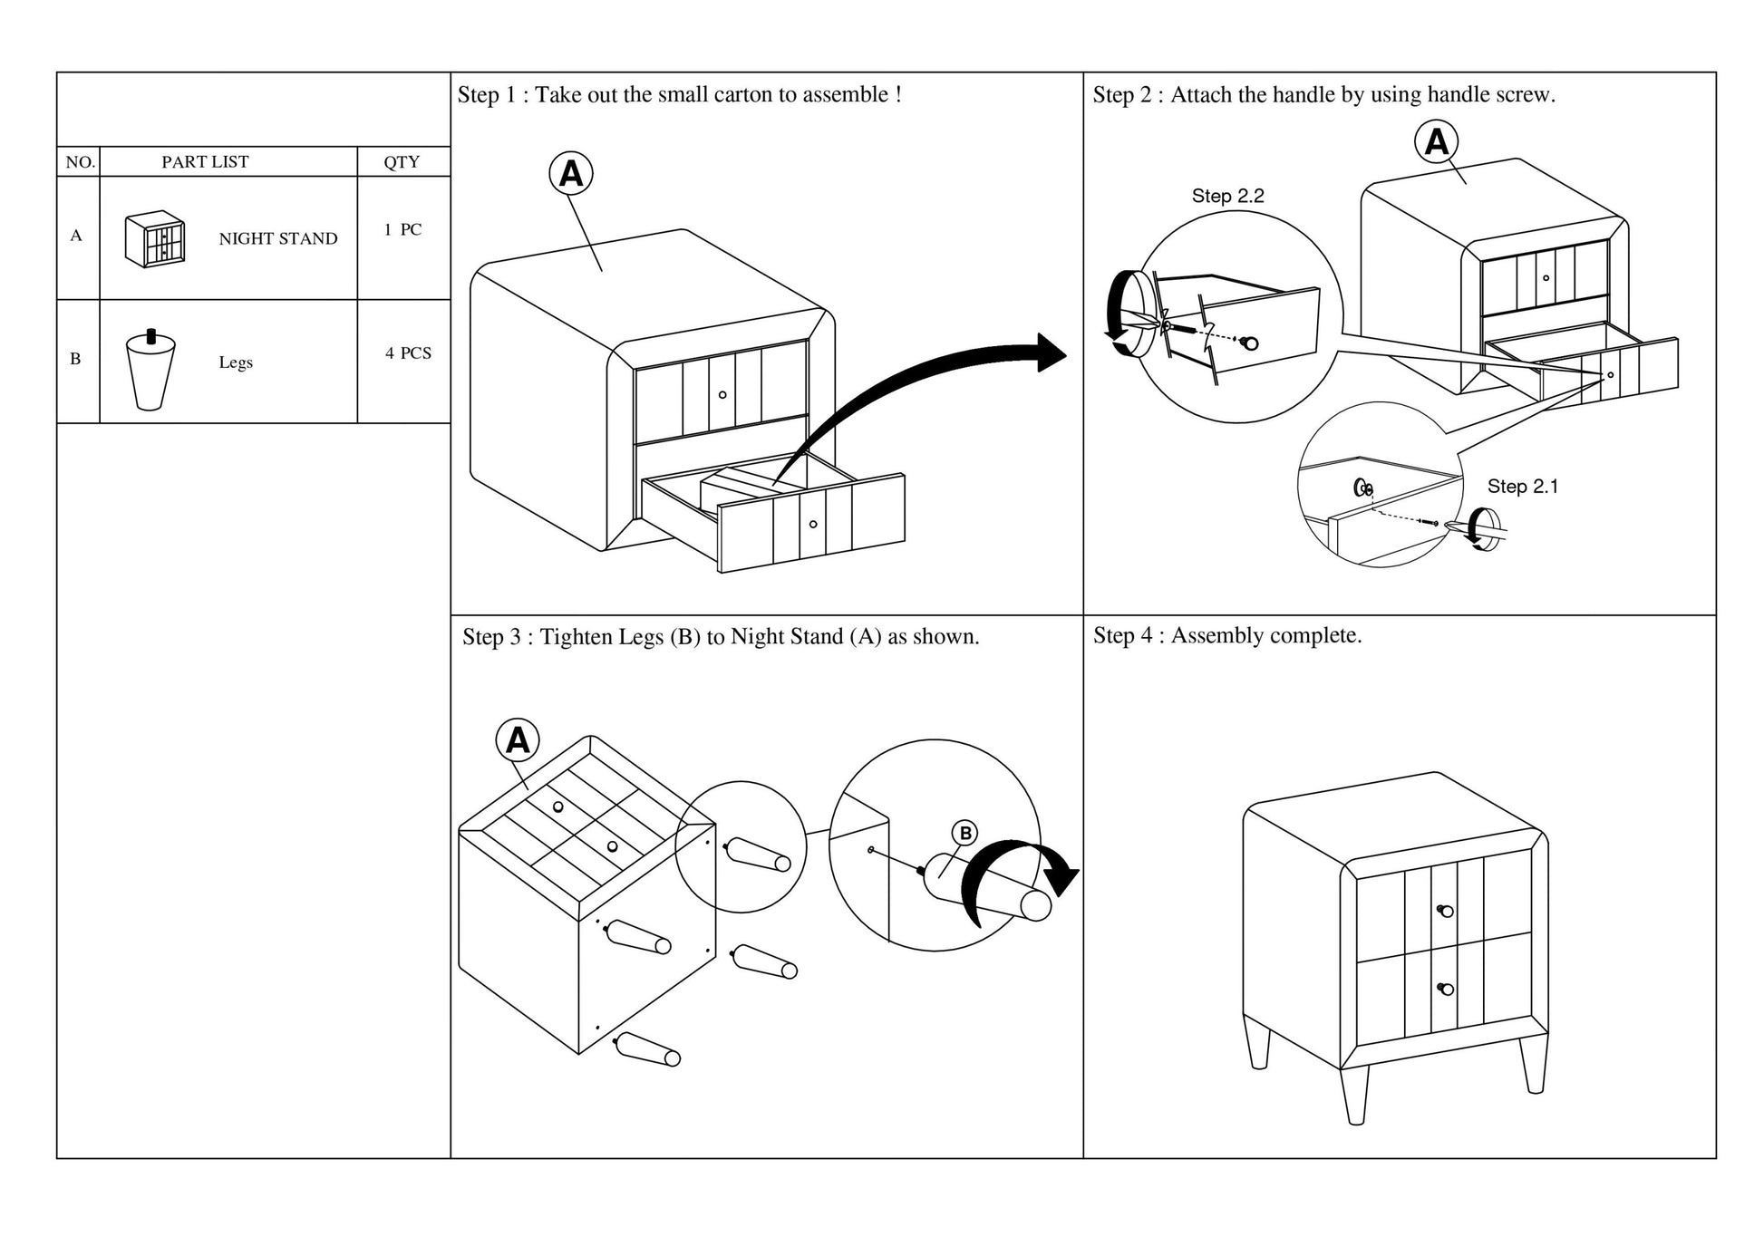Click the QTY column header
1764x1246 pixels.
402,162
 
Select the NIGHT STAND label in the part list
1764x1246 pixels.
277,239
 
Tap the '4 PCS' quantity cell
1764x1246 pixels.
408,353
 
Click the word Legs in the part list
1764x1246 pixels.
236,362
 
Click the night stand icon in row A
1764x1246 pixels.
155,240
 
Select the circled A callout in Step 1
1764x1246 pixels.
571,173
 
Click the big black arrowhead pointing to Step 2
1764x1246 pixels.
1052,353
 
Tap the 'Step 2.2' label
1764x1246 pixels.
1227,196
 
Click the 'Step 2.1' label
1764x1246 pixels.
1522,487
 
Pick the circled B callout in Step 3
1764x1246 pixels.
965,834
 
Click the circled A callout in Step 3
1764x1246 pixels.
518,740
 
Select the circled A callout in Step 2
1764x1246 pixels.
1437,142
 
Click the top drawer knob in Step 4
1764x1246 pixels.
1444,910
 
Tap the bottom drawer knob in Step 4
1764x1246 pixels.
1444,988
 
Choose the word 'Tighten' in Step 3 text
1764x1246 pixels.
577,637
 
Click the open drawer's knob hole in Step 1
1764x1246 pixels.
813,524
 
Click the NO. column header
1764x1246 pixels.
80,162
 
